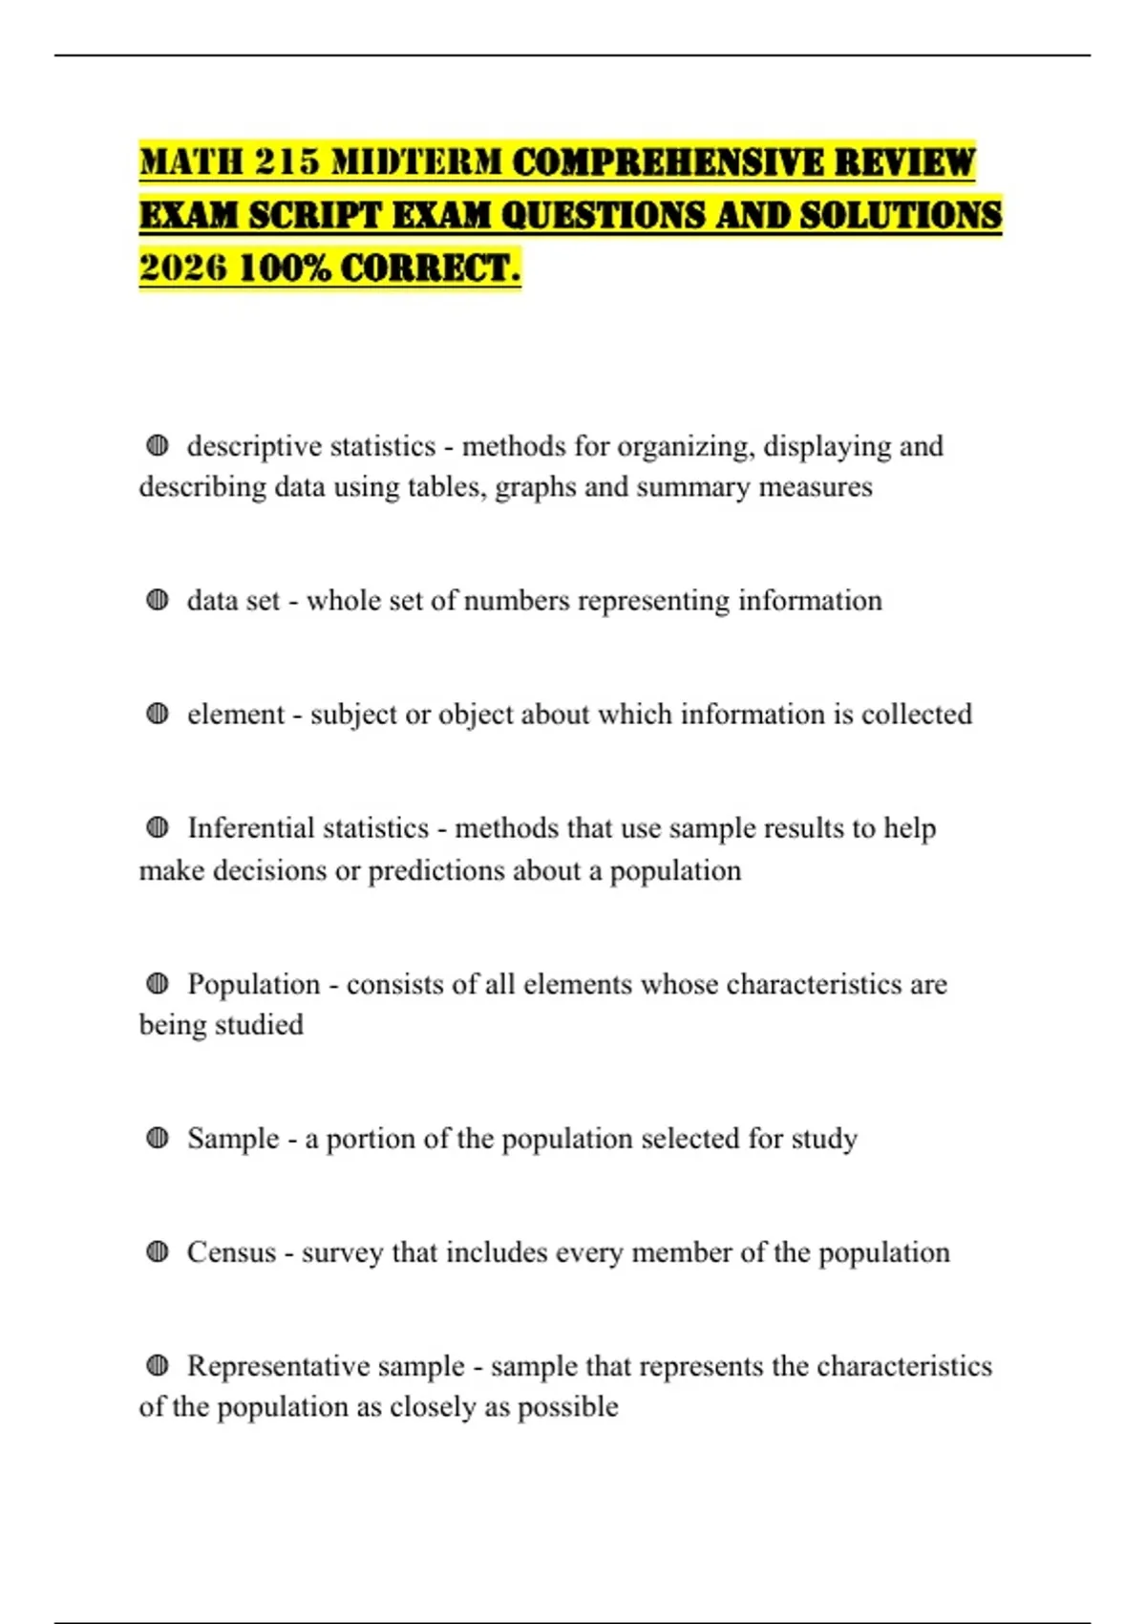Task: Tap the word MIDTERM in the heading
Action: [x=415, y=162]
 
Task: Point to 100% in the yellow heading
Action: [x=285, y=268]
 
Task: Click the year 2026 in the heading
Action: [x=182, y=268]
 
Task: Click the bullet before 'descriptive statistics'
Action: [x=158, y=445]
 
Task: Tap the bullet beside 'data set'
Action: [x=158, y=600]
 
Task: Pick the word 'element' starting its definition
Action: [x=235, y=715]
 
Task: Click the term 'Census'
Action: [x=230, y=1252]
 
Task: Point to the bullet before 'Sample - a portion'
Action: [x=158, y=1138]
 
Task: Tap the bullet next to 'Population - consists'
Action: [x=158, y=983]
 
